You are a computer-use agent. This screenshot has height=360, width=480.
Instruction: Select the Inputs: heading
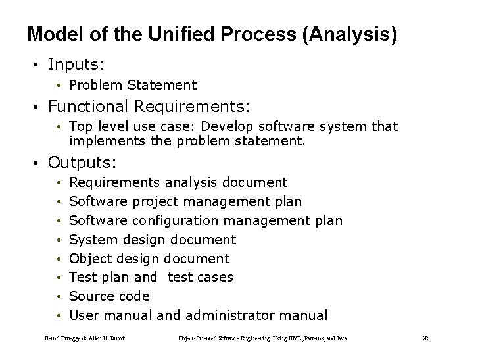coord(78,64)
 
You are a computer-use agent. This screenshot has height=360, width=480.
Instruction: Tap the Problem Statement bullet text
coord(132,85)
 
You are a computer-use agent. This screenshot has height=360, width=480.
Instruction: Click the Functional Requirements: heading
coord(149,105)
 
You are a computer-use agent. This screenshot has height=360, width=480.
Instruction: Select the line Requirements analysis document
coord(178,182)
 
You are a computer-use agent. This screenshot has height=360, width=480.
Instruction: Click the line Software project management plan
coord(185,201)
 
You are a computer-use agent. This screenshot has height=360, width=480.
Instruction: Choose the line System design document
coord(152,240)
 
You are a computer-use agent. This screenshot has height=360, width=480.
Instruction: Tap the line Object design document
coord(149,259)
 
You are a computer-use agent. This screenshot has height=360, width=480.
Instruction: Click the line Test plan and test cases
coord(151,277)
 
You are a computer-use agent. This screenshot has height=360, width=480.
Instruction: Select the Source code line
coord(109,296)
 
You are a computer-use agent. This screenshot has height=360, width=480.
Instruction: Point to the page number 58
coord(424,338)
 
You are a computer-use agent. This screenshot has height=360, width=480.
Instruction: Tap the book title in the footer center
coord(262,338)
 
